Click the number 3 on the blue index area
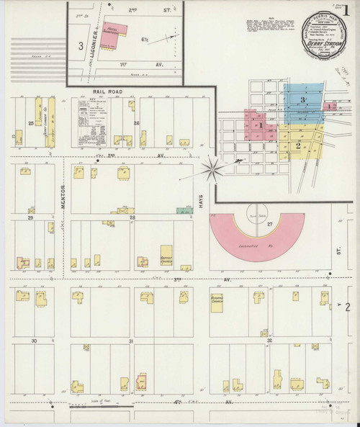tap(303, 98)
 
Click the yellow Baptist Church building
tap(167, 252)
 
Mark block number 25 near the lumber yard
tap(31, 123)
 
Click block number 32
tap(268, 340)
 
